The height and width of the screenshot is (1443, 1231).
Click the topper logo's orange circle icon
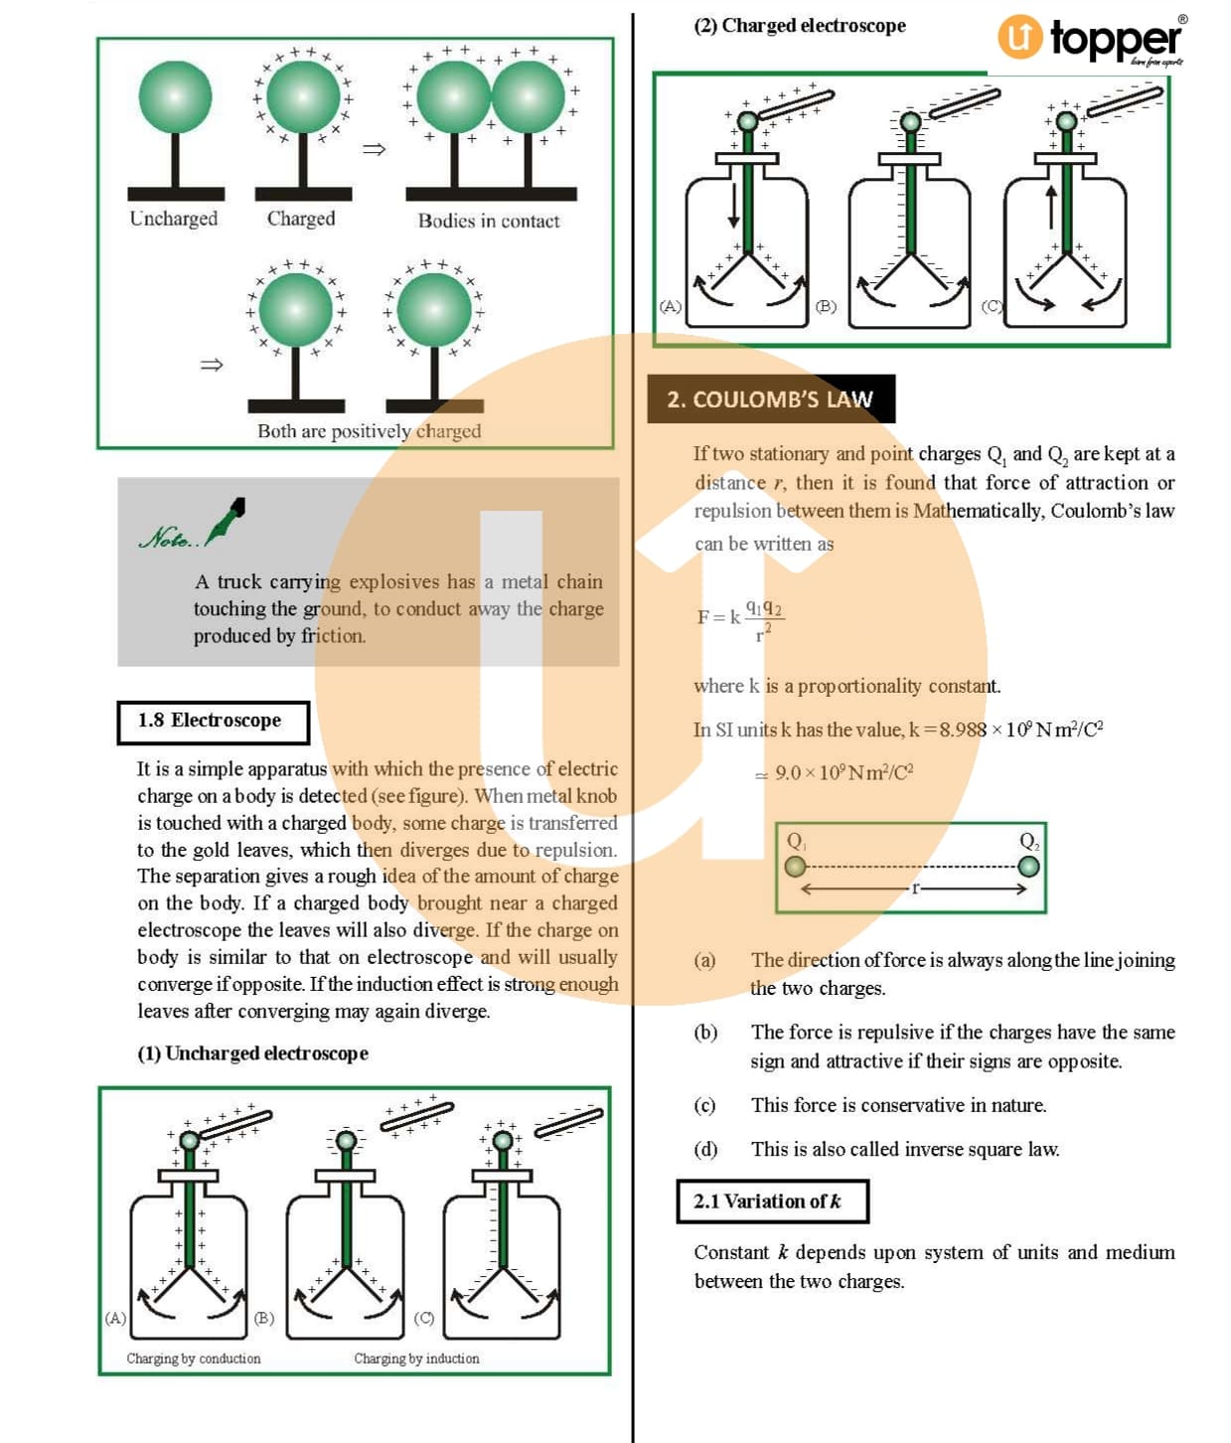1019,37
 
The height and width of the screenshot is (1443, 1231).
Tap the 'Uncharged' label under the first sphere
173,219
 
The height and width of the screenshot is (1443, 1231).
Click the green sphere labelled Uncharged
175,97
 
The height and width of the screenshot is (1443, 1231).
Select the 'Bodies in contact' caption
488,221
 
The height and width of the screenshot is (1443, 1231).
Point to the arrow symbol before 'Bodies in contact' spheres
373,150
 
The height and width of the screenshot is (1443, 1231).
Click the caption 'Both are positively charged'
369,431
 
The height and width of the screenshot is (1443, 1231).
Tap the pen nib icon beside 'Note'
228,519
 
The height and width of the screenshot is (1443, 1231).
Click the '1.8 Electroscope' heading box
212,721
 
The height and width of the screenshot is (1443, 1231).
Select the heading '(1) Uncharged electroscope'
252,1053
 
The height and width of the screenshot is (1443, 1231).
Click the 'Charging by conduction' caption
194,1359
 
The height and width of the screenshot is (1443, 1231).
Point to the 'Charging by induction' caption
416,1359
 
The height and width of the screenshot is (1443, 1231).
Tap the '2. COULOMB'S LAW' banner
770,400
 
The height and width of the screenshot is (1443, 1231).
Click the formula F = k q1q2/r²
740,618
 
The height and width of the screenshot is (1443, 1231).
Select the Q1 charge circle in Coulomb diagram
795,867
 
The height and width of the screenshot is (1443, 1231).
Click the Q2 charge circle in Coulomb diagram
1029,867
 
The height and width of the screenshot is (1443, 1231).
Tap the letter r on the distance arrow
915,887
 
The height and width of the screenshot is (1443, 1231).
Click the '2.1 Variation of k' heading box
772,1202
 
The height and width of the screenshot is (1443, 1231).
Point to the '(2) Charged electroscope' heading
800,26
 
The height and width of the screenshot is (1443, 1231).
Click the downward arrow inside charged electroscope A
734,204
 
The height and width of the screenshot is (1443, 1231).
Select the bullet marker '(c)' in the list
704,1105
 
